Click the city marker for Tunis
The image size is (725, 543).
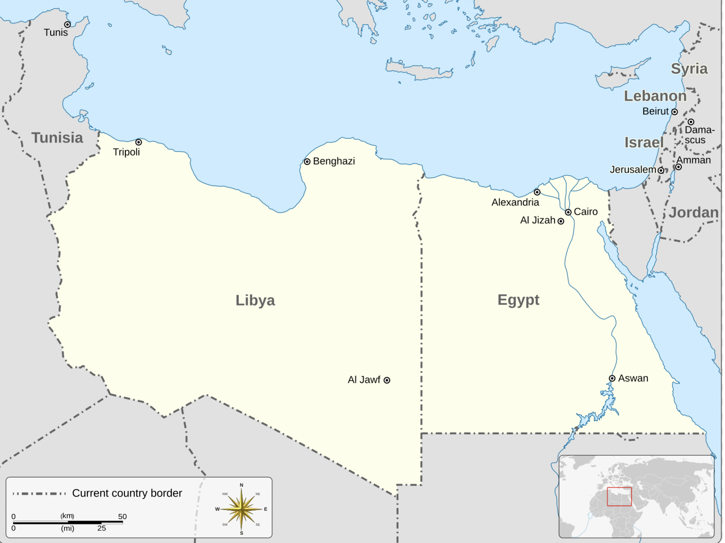click(x=67, y=24)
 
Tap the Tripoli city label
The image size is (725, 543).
click(x=126, y=152)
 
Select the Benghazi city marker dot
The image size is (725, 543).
click(x=307, y=162)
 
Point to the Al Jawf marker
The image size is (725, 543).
click(x=387, y=380)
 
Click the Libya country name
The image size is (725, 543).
click(x=255, y=300)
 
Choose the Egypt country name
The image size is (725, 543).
click(x=518, y=300)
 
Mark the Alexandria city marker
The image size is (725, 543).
click(x=537, y=192)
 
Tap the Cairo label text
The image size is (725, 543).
click(x=586, y=212)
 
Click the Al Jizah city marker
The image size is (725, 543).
click(x=561, y=221)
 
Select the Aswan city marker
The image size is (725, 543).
click(x=612, y=378)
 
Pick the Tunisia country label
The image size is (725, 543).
click(x=57, y=138)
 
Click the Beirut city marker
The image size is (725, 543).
click(x=674, y=112)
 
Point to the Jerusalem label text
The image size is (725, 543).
click(x=633, y=170)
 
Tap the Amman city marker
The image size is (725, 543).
click(x=678, y=167)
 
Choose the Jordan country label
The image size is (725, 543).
click(x=693, y=213)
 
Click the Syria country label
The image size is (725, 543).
click(x=689, y=69)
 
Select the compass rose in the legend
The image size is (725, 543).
click(x=241, y=509)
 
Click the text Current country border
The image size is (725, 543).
click(x=127, y=493)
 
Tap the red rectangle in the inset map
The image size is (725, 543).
click(x=619, y=497)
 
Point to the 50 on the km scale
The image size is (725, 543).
click(x=122, y=517)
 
